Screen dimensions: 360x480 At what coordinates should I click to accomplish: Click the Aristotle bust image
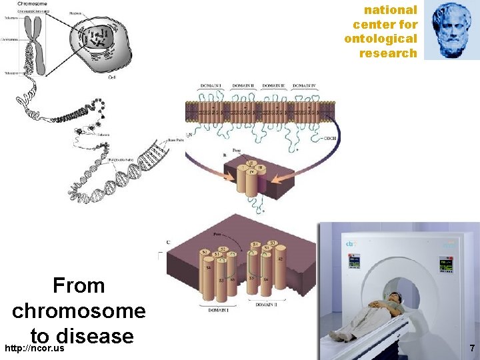[451, 30]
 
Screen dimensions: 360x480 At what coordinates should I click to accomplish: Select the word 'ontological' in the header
[381, 39]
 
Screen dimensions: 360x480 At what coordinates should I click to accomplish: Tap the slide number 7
[471, 348]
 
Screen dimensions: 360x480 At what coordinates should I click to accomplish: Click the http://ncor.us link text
[34, 349]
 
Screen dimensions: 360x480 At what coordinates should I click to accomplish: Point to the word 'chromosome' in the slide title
[79, 311]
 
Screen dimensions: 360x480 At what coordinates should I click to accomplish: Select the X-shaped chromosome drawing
[35, 47]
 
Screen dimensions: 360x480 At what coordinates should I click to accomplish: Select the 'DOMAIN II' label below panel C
[269, 305]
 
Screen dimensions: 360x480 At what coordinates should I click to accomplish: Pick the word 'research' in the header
[388, 53]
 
